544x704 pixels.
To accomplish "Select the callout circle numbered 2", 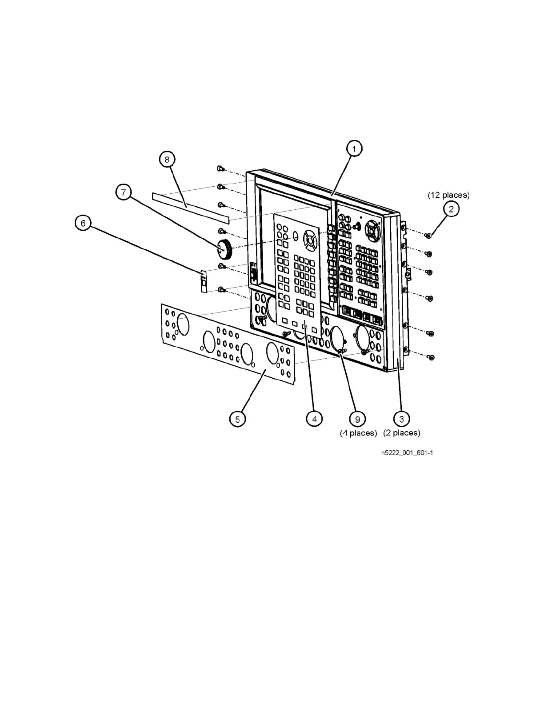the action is [x=451, y=209].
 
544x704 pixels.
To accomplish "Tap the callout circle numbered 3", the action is [x=401, y=418].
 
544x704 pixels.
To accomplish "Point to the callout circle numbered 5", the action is [x=237, y=419].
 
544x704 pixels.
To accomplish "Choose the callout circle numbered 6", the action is [x=83, y=223].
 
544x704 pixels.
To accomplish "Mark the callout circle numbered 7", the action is [x=124, y=192].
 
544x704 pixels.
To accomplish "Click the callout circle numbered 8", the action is [x=167, y=160].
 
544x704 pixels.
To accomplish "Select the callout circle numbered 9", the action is [x=357, y=418].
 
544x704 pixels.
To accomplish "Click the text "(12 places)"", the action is [x=448, y=195].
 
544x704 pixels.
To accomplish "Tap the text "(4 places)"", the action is [x=358, y=433].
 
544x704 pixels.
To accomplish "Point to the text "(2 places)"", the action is [x=401, y=432].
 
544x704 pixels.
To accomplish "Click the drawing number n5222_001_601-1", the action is [x=407, y=453].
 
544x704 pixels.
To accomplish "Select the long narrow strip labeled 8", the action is [x=190, y=207].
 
